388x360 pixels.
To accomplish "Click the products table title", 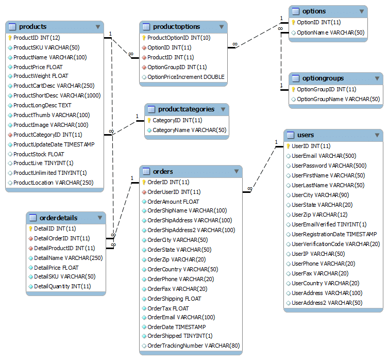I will coord(32,27).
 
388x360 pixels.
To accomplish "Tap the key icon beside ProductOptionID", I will coord(144,38).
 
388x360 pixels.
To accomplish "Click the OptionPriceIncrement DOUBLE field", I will coord(185,77).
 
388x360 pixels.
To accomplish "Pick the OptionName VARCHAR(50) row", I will coord(330,32).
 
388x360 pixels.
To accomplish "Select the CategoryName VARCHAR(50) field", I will coord(189,130).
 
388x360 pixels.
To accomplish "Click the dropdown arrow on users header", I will coord(376,135).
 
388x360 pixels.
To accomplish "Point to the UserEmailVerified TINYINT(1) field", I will coord(329,224).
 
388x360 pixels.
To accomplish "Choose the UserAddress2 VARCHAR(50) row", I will coord(327,303).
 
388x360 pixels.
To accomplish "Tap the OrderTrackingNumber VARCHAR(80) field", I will coord(193,346).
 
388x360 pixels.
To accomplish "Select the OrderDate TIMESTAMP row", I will coord(176,327).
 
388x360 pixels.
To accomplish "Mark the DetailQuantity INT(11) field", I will coord(62,286).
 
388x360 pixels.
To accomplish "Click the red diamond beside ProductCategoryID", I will coord(10,135).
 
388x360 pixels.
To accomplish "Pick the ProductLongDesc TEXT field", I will coord(42,105).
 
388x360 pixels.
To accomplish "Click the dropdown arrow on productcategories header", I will coord(222,109).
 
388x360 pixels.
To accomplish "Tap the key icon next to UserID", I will coord(289,146).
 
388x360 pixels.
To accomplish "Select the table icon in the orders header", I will coord(146,171).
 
